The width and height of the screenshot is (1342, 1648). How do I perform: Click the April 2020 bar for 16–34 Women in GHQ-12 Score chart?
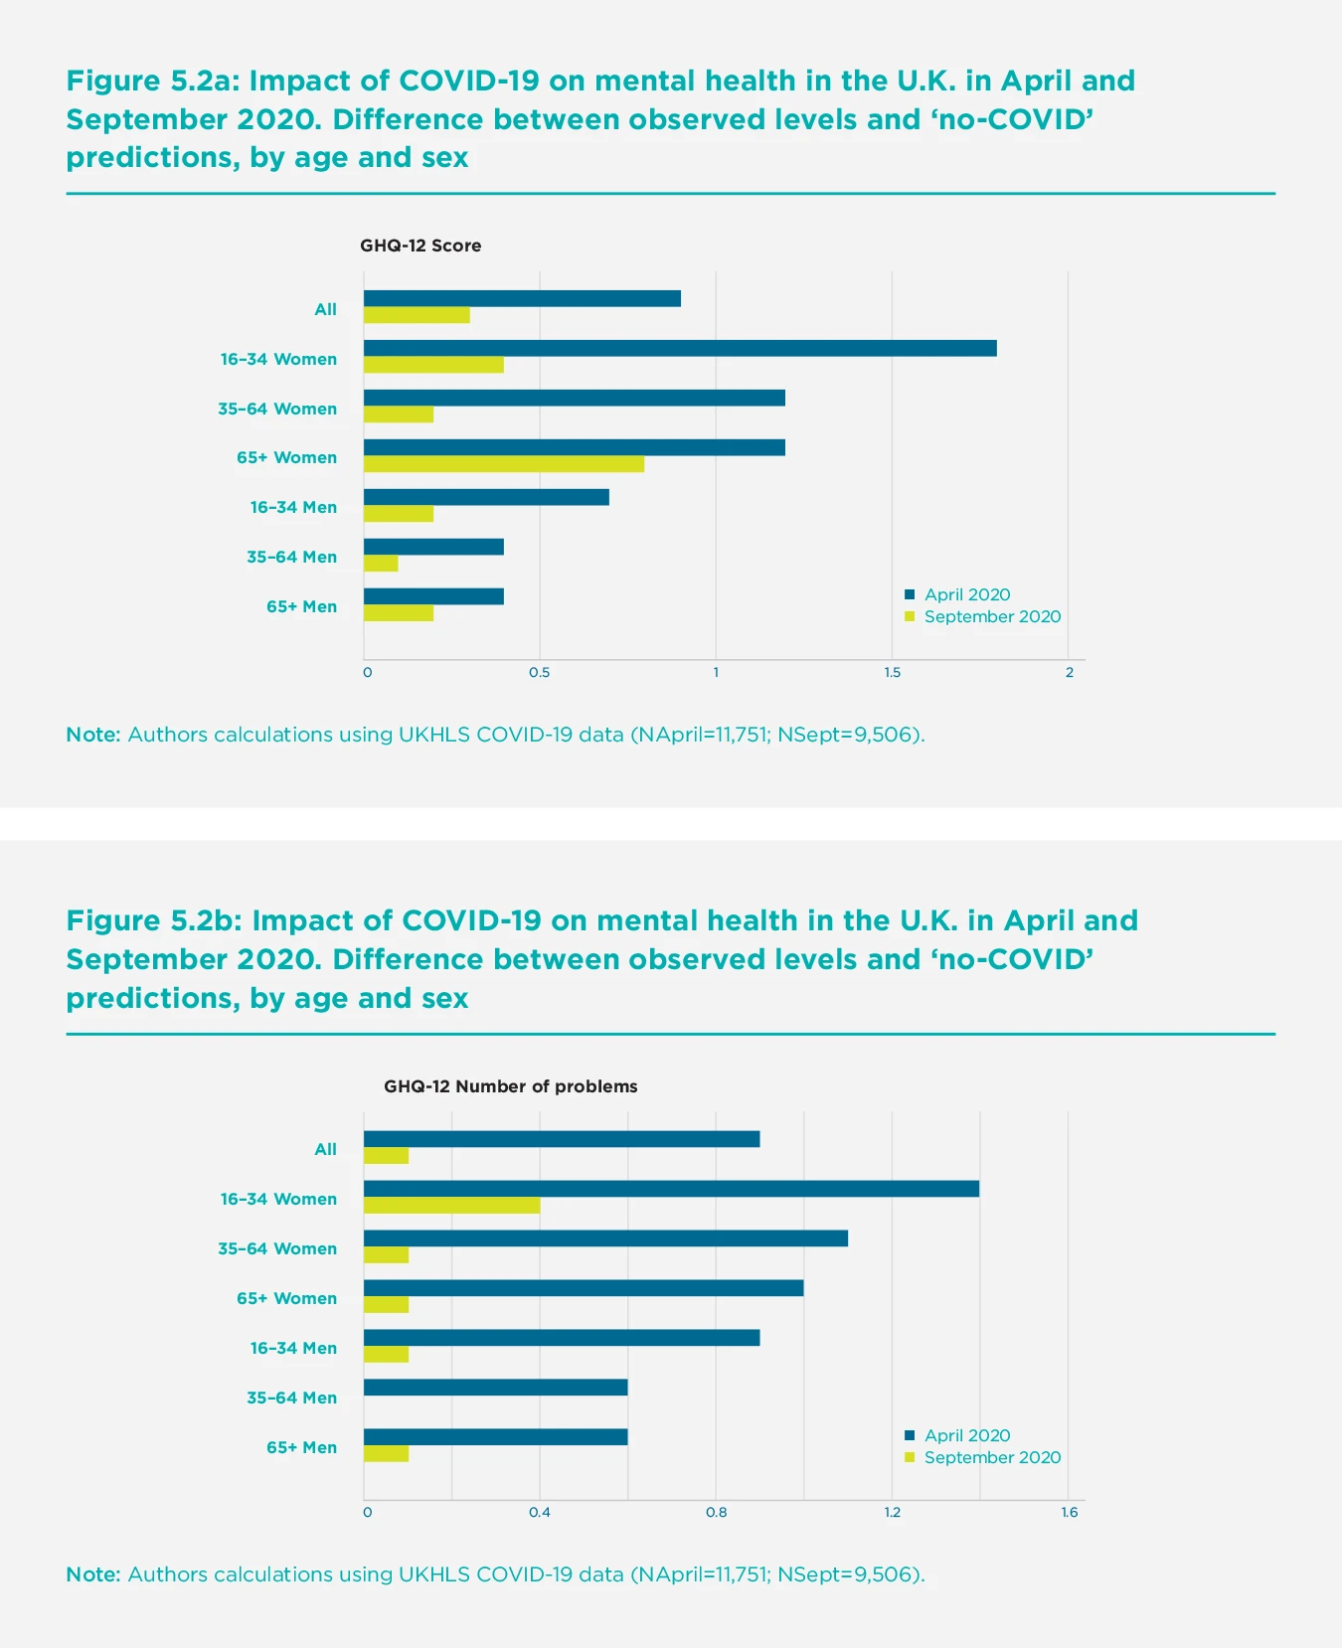point(680,348)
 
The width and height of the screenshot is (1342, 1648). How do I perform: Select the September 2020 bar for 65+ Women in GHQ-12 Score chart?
point(504,464)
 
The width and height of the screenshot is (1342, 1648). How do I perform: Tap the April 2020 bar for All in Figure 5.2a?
point(522,298)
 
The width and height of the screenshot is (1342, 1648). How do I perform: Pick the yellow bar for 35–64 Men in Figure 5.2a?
point(381,564)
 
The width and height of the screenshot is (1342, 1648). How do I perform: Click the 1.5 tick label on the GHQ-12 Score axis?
point(893,673)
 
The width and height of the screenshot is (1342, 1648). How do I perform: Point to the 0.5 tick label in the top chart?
point(539,673)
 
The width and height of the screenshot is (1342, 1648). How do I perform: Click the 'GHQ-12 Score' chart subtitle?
point(420,246)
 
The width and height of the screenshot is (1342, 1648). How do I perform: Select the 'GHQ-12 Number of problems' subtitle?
point(511,1086)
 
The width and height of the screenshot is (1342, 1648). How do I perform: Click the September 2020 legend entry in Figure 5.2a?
point(991,616)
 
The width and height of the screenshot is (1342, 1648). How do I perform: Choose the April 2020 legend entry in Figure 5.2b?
point(966,1435)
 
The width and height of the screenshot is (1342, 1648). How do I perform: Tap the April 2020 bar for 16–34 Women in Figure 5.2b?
point(671,1189)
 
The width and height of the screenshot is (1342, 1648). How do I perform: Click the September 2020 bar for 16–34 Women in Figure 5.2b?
point(452,1206)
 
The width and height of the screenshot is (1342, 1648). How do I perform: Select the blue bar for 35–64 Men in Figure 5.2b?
point(495,1388)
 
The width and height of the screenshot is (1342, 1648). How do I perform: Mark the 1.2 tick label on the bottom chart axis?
point(893,1513)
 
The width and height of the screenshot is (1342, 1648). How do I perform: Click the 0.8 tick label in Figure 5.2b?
point(716,1513)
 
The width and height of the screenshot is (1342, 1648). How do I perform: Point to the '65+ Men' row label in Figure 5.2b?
point(301,1447)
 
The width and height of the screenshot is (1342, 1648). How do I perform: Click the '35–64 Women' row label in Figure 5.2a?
point(277,409)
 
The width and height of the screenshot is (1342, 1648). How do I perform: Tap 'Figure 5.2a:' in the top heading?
point(154,81)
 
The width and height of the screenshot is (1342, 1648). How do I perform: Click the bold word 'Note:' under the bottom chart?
point(93,1574)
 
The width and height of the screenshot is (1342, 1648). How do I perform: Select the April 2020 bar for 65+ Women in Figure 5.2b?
point(584,1288)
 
